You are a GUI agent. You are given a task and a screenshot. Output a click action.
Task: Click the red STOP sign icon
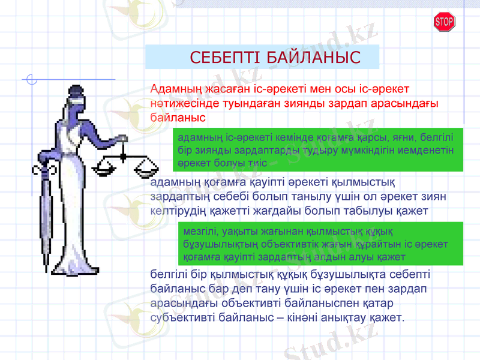click(x=443, y=22)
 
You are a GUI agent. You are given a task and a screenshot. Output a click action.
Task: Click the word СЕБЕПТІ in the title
click(x=226, y=58)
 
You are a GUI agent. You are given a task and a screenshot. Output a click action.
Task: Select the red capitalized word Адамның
click(x=176, y=89)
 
